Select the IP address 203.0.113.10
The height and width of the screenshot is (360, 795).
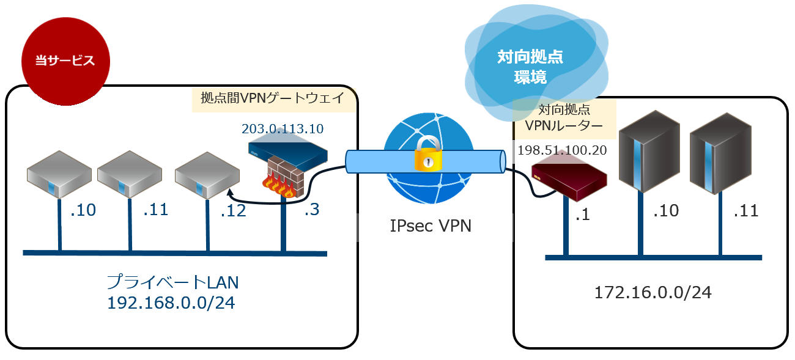[283, 129]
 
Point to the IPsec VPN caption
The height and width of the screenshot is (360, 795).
[431, 226]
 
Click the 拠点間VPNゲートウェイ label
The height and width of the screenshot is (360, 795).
[273, 98]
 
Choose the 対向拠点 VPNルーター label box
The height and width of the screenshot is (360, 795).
[563, 119]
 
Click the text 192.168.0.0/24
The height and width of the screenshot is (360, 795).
[171, 303]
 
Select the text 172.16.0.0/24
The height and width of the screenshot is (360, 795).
[653, 293]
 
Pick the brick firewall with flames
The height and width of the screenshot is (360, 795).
[285, 178]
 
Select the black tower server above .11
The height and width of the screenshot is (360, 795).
[720, 153]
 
